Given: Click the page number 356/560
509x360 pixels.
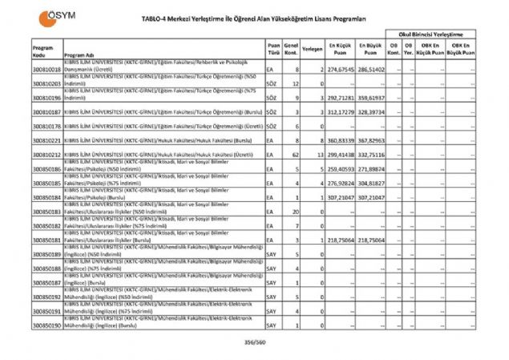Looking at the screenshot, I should tap(256, 342).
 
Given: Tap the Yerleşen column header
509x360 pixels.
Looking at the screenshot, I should tap(312, 49).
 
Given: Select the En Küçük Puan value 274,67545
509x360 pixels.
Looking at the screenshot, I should tap(340, 71).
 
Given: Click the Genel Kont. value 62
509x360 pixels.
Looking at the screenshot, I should tap(295, 153).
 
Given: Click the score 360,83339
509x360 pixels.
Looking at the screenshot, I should tap(340, 140).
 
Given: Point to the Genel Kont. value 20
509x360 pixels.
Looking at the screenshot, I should tap(295, 212).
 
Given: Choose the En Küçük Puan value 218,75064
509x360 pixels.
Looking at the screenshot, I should tap(340, 240).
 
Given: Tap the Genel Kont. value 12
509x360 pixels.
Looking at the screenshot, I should tap(295, 83).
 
